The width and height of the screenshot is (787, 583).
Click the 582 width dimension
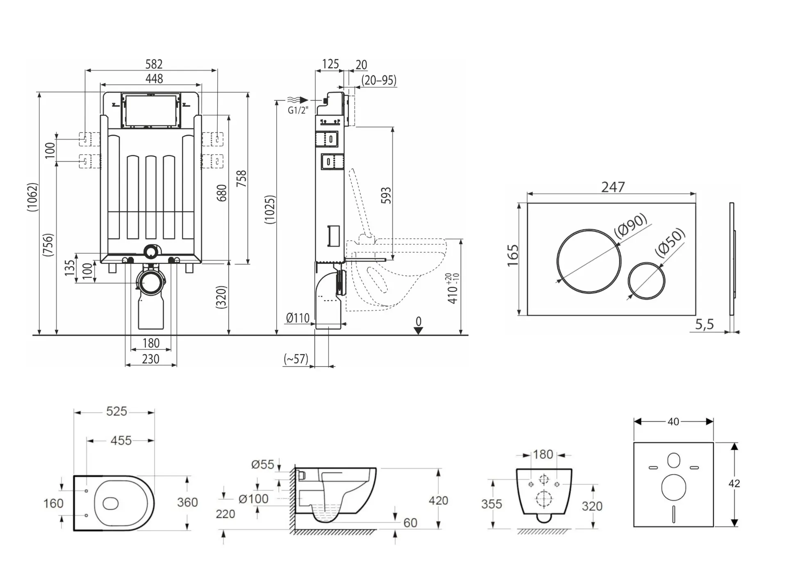pyautogui.click(x=154, y=64)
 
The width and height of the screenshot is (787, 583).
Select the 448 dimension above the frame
pyautogui.click(x=154, y=79)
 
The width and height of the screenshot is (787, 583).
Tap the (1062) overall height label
pyautogui.click(x=32, y=197)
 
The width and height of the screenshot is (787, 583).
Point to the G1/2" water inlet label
pyautogui.click(x=298, y=110)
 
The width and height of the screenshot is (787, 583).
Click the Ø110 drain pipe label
pyautogui.click(x=298, y=318)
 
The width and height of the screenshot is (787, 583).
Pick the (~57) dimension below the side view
pyautogui.click(x=296, y=359)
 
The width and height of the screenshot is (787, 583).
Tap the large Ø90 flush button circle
pyautogui.click(x=589, y=261)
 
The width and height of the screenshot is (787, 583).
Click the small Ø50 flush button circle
pyautogui.click(x=646, y=281)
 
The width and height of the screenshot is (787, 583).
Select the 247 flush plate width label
pyautogui.click(x=613, y=187)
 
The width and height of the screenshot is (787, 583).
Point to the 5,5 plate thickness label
pyautogui.click(x=704, y=325)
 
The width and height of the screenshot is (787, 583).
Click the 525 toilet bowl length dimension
pyautogui.click(x=116, y=411)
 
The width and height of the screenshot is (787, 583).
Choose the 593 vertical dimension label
pyautogui.click(x=386, y=196)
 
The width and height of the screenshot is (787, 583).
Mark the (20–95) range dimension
pyautogui.click(x=379, y=80)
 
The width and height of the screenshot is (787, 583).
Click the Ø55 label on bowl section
pyautogui.click(x=262, y=465)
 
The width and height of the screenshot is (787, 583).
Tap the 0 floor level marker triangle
pyautogui.click(x=418, y=330)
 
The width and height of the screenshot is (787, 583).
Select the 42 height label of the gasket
pyautogui.click(x=734, y=484)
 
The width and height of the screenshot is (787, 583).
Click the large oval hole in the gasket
pyautogui.click(x=673, y=487)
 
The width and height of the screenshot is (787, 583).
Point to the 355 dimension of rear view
pyautogui.click(x=491, y=504)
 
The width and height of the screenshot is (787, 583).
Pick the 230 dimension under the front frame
pyautogui.click(x=150, y=359)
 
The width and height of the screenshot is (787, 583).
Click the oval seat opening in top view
pyautogui.click(x=111, y=503)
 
